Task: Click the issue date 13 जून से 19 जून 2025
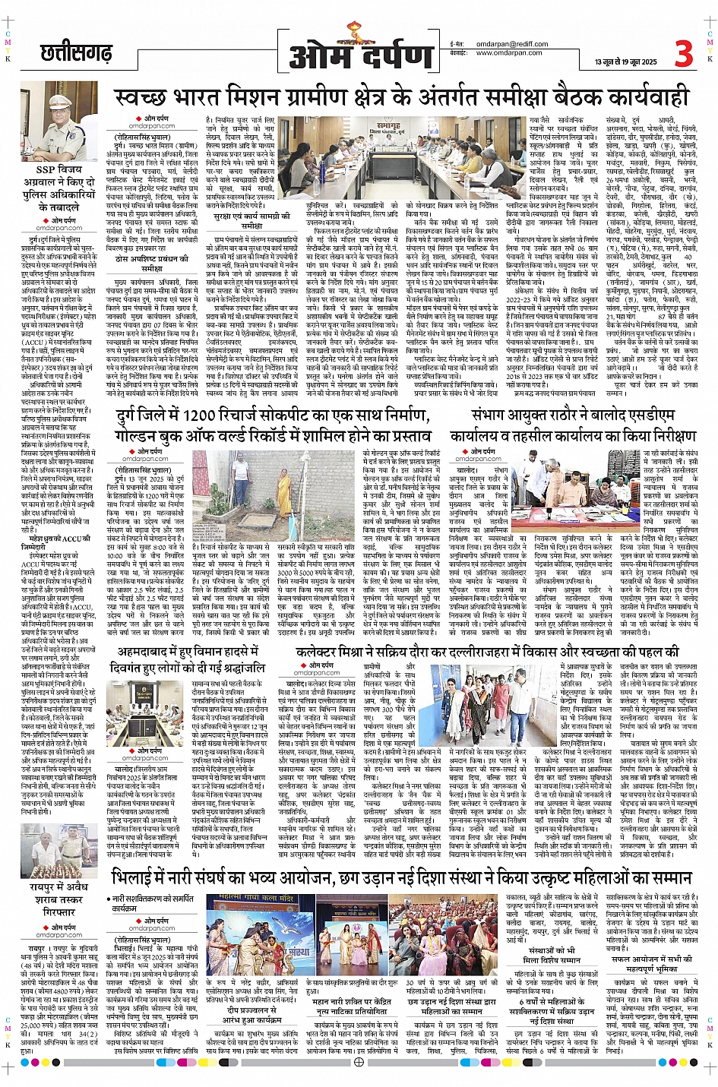pyautogui.click(x=626, y=61)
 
